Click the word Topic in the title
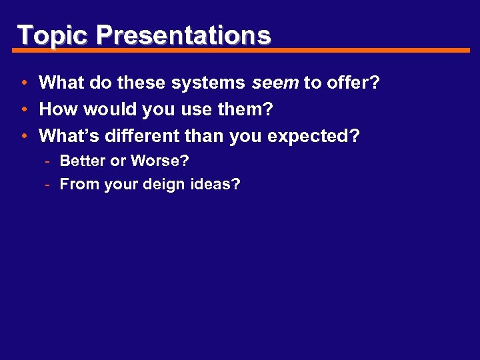pos(53,35)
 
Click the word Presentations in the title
pos(183,35)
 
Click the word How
pos(57,109)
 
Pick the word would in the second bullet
pos(103,109)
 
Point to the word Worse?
pos(160,161)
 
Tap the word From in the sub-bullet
pos(79,184)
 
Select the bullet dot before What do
pos(23,83)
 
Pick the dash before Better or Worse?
pos(49,161)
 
